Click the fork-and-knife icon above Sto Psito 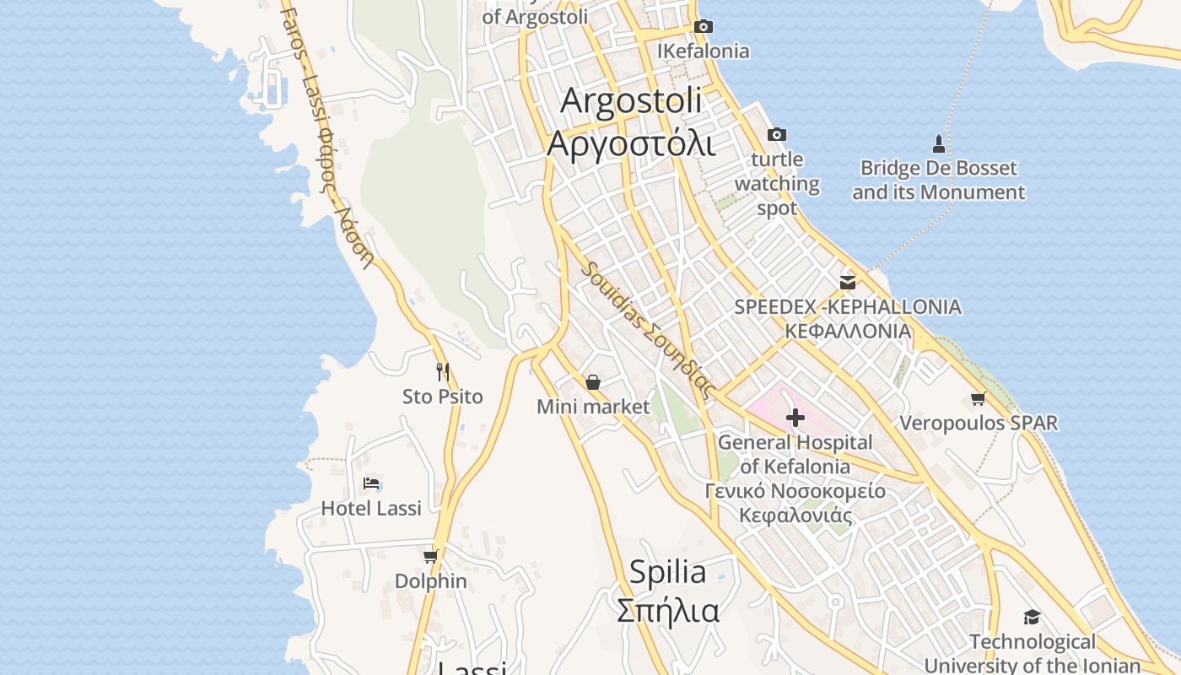pyautogui.click(x=443, y=371)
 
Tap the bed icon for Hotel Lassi pyautogui.click(x=371, y=483)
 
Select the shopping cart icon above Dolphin pyautogui.click(x=431, y=556)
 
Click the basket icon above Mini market pyautogui.click(x=593, y=382)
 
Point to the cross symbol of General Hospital pyautogui.click(x=795, y=417)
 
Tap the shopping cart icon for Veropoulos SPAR pyautogui.click(x=978, y=398)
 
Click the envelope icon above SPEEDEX pyautogui.click(x=848, y=282)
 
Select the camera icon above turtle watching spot pyautogui.click(x=777, y=134)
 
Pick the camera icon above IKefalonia pyautogui.click(x=703, y=26)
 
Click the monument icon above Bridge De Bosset pyautogui.click(x=938, y=143)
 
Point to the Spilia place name pyautogui.click(x=668, y=572)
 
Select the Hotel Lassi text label pyautogui.click(x=371, y=508)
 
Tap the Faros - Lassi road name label pyautogui.click(x=328, y=135)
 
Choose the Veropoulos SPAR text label pyautogui.click(x=979, y=423)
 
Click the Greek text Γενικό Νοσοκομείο pyautogui.click(x=795, y=491)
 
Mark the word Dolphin pyautogui.click(x=431, y=581)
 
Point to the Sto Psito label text pyautogui.click(x=443, y=397)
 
